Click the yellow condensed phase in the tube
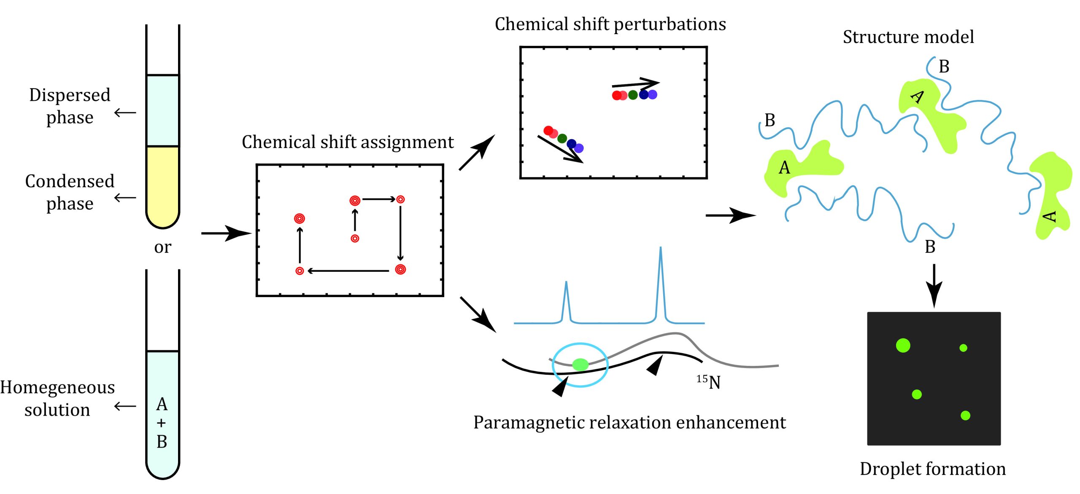point(162,183)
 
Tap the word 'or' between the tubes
point(162,247)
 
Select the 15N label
point(709,382)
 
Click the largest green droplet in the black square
point(903,345)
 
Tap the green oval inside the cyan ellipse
point(580,364)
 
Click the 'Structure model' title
point(908,37)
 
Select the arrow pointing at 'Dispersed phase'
point(125,113)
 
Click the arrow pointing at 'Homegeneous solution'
point(125,406)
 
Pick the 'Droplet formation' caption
point(932,469)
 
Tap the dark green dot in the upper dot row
point(633,95)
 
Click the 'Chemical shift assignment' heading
point(348,142)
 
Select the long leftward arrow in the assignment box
point(348,271)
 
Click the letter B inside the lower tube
point(162,442)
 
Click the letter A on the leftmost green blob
point(784,167)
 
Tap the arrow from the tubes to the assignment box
point(226,233)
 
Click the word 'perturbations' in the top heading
point(670,24)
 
